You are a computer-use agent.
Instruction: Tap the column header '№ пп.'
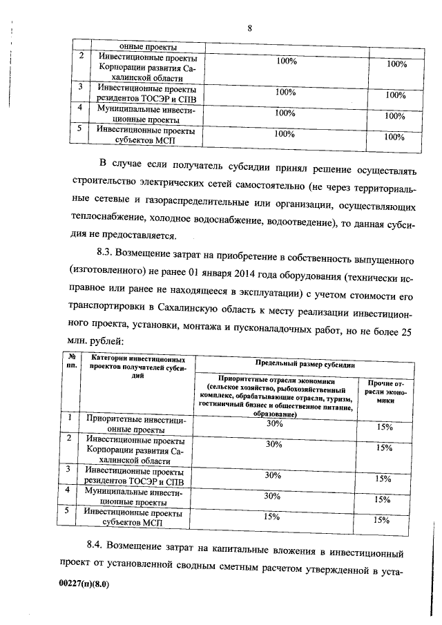70,361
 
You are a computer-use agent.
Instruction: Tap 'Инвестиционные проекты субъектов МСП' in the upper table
146,135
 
